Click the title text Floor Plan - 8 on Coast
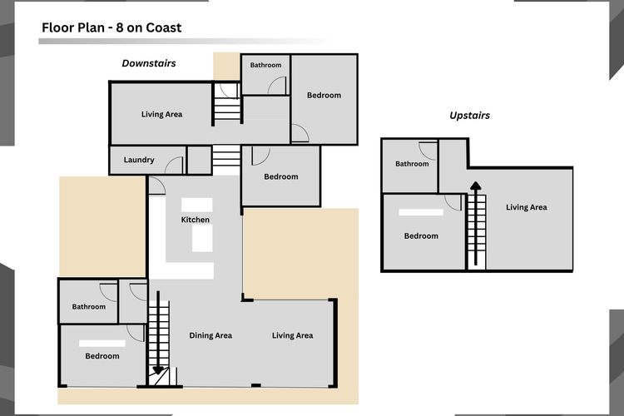point(111,27)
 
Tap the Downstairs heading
point(149,63)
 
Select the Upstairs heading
point(469,116)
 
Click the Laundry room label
point(139,160)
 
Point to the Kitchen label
point(195,220)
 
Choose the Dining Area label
point(210,335)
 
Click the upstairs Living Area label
point(526,207)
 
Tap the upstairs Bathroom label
point(412,164)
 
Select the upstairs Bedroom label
point(421,236)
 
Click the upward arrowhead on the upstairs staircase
point(476,186)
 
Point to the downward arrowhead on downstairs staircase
point(158,370)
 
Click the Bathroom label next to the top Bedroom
point(265,65)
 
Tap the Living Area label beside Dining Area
point(293,335)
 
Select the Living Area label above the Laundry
point(161,115)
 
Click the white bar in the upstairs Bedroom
point(421,213)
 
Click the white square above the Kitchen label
point(197,205)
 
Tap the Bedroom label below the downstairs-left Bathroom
point(102,356)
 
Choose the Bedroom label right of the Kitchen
point(281,176)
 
